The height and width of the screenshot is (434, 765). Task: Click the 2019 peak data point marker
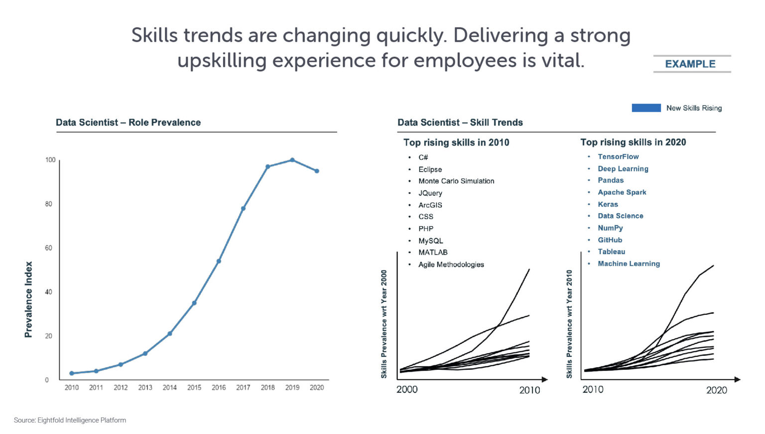tap(292, 160)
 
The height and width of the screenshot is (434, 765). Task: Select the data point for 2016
tap(219, 261)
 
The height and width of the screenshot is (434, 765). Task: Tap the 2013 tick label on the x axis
tap(145, 388)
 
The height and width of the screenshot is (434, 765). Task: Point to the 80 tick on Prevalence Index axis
tap(48, 204)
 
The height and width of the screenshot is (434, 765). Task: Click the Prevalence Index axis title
tap(28, 299)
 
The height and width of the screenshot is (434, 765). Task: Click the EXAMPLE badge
tap(690, 64)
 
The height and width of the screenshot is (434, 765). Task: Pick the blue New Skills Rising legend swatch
tap(646, 108)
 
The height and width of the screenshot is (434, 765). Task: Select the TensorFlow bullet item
tap(618, 156)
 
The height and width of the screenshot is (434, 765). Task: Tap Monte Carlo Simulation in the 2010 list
tap(456, 181)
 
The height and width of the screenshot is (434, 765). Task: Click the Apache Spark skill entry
tap(622, 192)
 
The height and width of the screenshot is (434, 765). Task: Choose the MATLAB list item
tap(433, 252)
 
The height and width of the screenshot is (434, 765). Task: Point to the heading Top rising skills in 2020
tap(633, 143)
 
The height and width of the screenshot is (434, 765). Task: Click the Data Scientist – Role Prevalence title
tap(128, 123)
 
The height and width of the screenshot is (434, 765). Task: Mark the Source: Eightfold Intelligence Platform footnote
tap(70, 420)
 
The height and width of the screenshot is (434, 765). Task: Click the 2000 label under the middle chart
tap(407, 390)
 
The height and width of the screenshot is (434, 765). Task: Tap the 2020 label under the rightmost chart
tap(716, 390)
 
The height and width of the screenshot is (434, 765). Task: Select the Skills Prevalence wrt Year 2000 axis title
tap(384, 324)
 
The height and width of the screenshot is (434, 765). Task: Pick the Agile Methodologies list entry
tap(451, 265)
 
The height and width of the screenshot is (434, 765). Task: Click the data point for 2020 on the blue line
tap(317, 171)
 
